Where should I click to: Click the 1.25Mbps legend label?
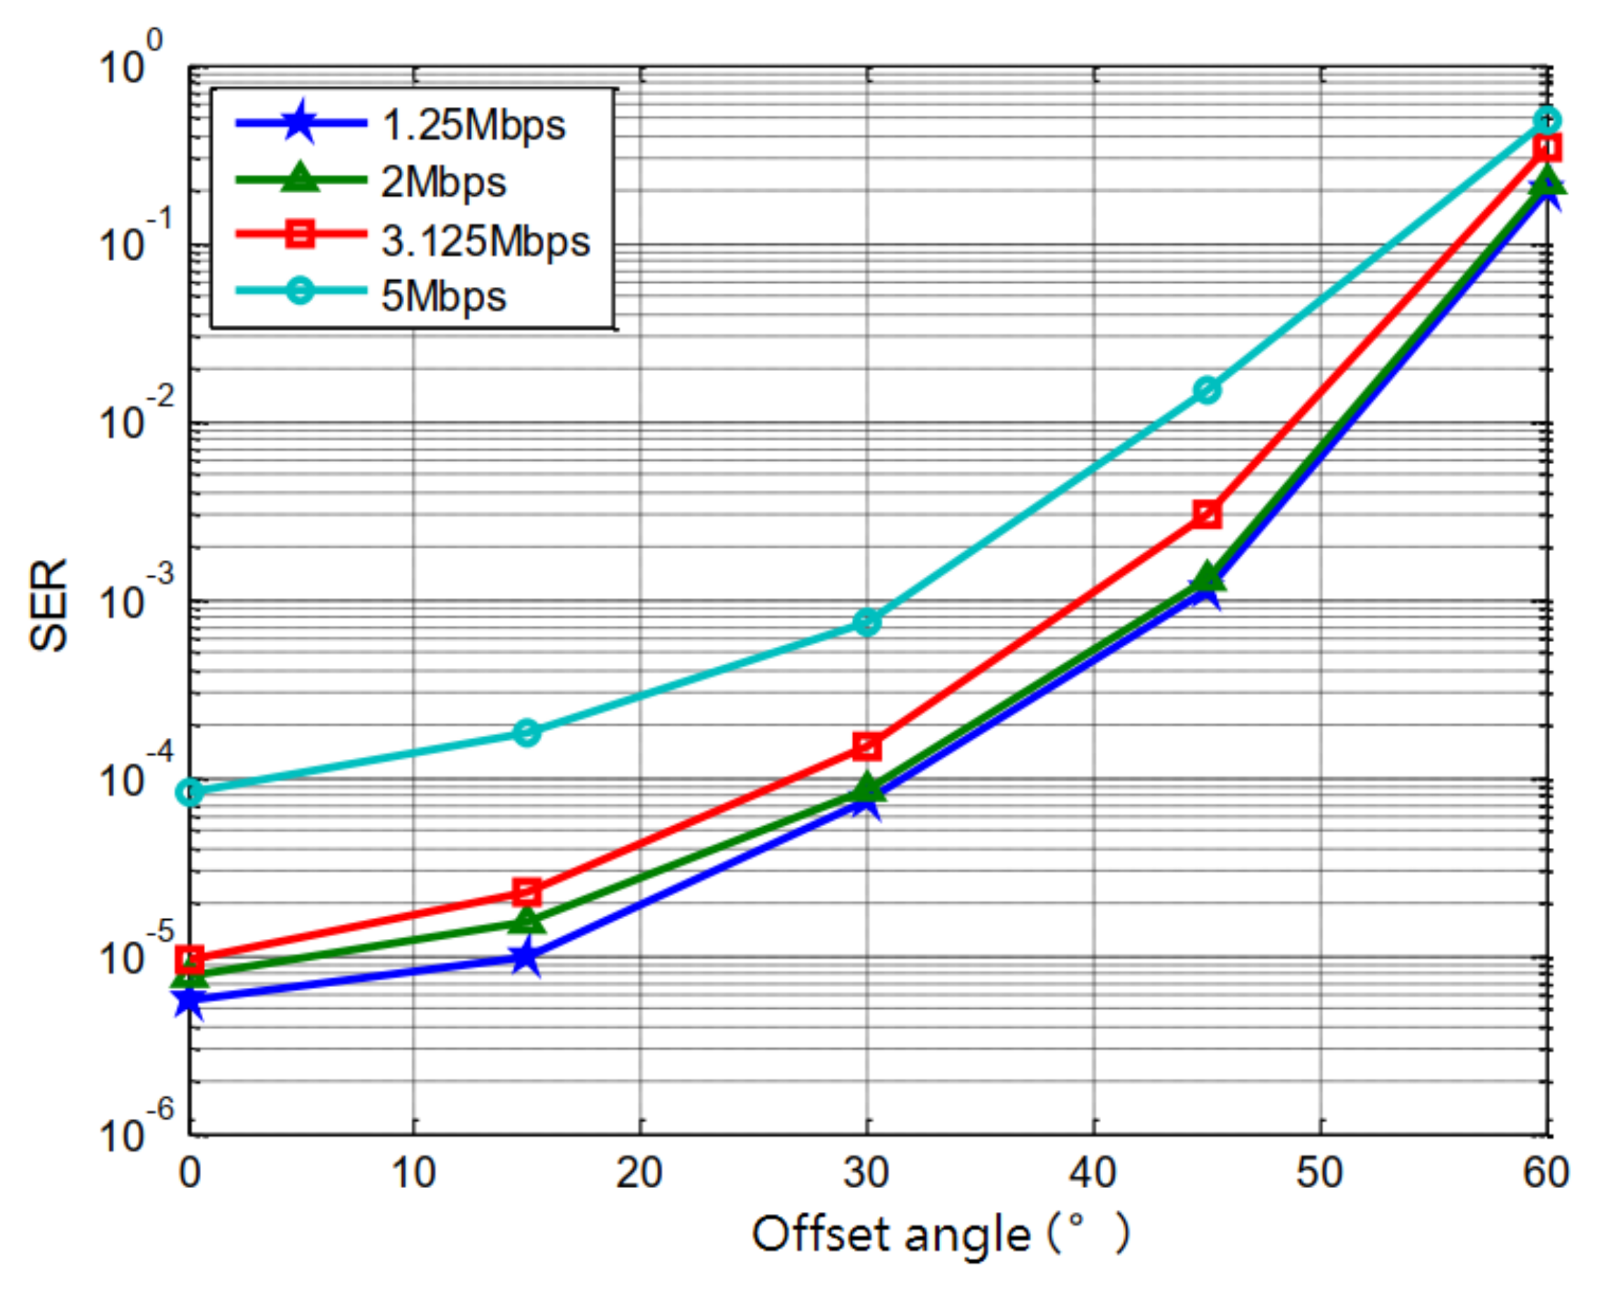click(x=473, y=124)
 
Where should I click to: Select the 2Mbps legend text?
click(x=443, y=182)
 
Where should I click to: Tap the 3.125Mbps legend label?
click(x=485, y=240)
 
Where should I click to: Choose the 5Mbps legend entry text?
click(x=443, y=296)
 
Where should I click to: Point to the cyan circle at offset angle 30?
click(x=867, y=622)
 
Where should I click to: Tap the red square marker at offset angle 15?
click(x=527, y=891)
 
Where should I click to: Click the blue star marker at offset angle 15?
click(x=527, y=957)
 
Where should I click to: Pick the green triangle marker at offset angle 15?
click(x=527, y=921)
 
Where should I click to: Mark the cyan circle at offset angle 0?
click(x=191, y=793)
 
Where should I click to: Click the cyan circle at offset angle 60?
click(x=1547, y=120)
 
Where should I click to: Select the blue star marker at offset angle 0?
click(x=191, y=1001)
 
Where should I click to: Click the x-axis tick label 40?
click(x=1093, y=1173)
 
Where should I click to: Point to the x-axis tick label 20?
click(x=639, y=1173)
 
